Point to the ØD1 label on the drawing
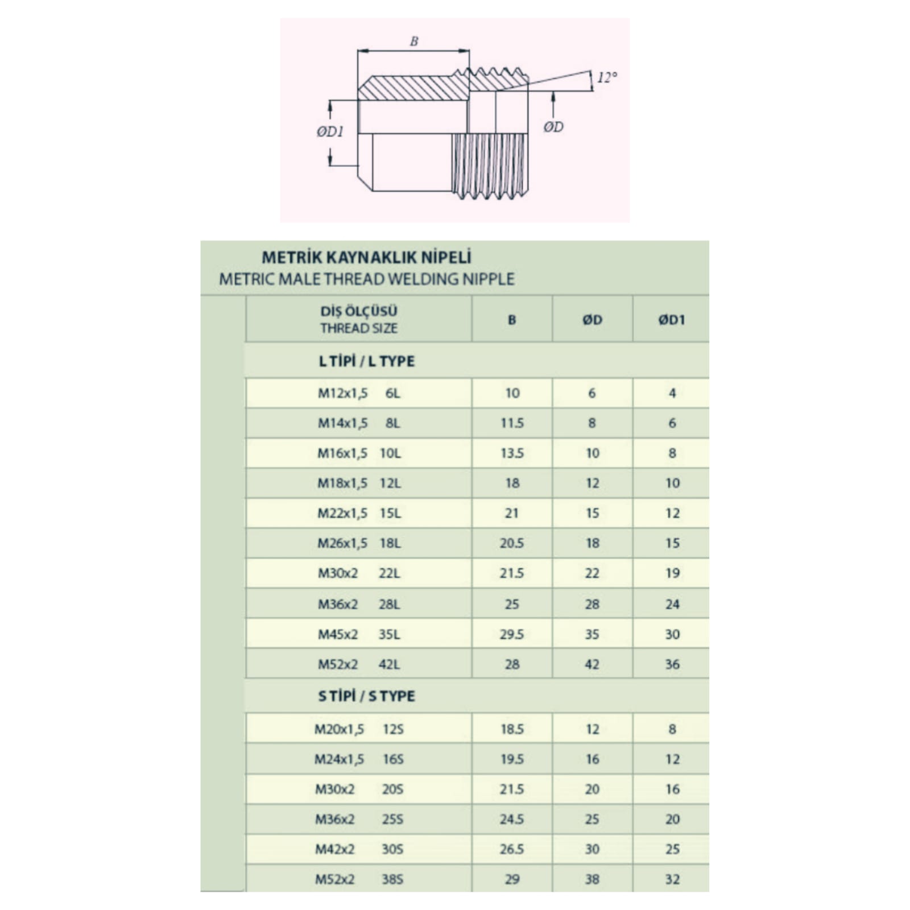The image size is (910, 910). coord(330,132)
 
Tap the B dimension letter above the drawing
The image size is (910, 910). coord(414,41)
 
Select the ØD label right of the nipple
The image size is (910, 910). coord(553,127)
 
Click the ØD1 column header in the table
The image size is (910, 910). coord(672,320)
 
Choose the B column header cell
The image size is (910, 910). coord(512,320)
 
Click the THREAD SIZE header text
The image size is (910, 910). coord(359,328)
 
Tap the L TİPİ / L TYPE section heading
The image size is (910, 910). coord(367,361)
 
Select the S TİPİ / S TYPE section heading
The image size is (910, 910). coord(367,696)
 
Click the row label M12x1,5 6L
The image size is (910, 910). coord(359,393)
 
